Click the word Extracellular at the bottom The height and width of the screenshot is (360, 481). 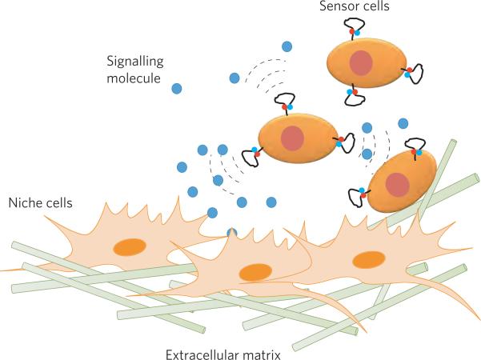197,353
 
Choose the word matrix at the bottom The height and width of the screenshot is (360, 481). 260,353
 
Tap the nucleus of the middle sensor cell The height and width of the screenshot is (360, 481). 292,138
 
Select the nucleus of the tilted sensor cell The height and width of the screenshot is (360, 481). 398,184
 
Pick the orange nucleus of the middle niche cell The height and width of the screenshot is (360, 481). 254,273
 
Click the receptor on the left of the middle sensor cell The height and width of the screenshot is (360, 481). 251,154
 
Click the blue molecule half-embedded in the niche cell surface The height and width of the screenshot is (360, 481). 232,233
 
